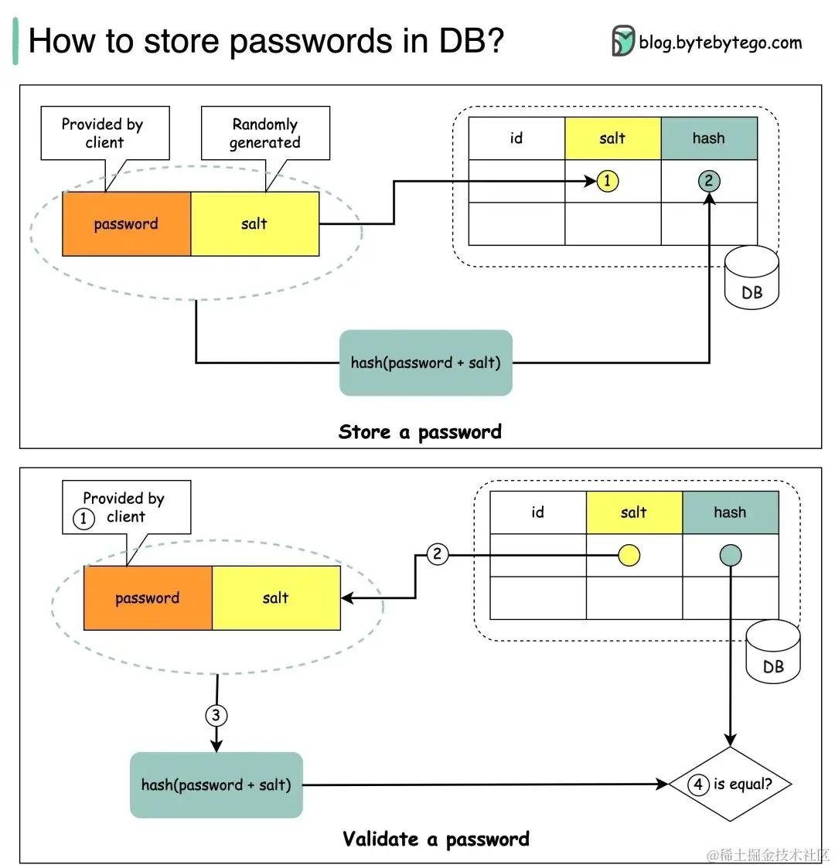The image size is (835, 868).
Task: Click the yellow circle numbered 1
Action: click(608, 181)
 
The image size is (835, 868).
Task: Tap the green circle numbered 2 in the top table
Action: click(708, 181)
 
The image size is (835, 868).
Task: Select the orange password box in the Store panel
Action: click(126, 224)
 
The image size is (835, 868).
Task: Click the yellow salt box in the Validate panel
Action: click(276, 597)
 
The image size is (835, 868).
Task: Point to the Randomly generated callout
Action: click(265, 133)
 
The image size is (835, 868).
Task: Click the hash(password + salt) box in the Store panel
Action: click(426, 363)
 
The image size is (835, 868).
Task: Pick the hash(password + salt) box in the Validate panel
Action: click(216, 785)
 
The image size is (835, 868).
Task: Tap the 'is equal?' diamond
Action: click(731, 784)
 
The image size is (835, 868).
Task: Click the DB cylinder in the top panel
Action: click(751, 279)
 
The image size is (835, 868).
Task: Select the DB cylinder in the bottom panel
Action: click(773, 653)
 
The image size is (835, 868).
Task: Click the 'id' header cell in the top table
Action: click(516, 138)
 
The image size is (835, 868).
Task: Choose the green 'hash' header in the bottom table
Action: click(730, 512)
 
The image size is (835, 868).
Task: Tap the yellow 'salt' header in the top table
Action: click(612, 138)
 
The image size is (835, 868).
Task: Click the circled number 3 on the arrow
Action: click(216, 715)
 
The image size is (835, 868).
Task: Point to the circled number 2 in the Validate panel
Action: click(438, 553)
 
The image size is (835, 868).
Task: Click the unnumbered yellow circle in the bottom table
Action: click(629, 555)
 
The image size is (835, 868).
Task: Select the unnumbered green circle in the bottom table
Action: click(730, 555)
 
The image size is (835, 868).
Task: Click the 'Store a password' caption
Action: click(420, 432)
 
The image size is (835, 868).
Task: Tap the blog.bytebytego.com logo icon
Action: click(622, 41)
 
